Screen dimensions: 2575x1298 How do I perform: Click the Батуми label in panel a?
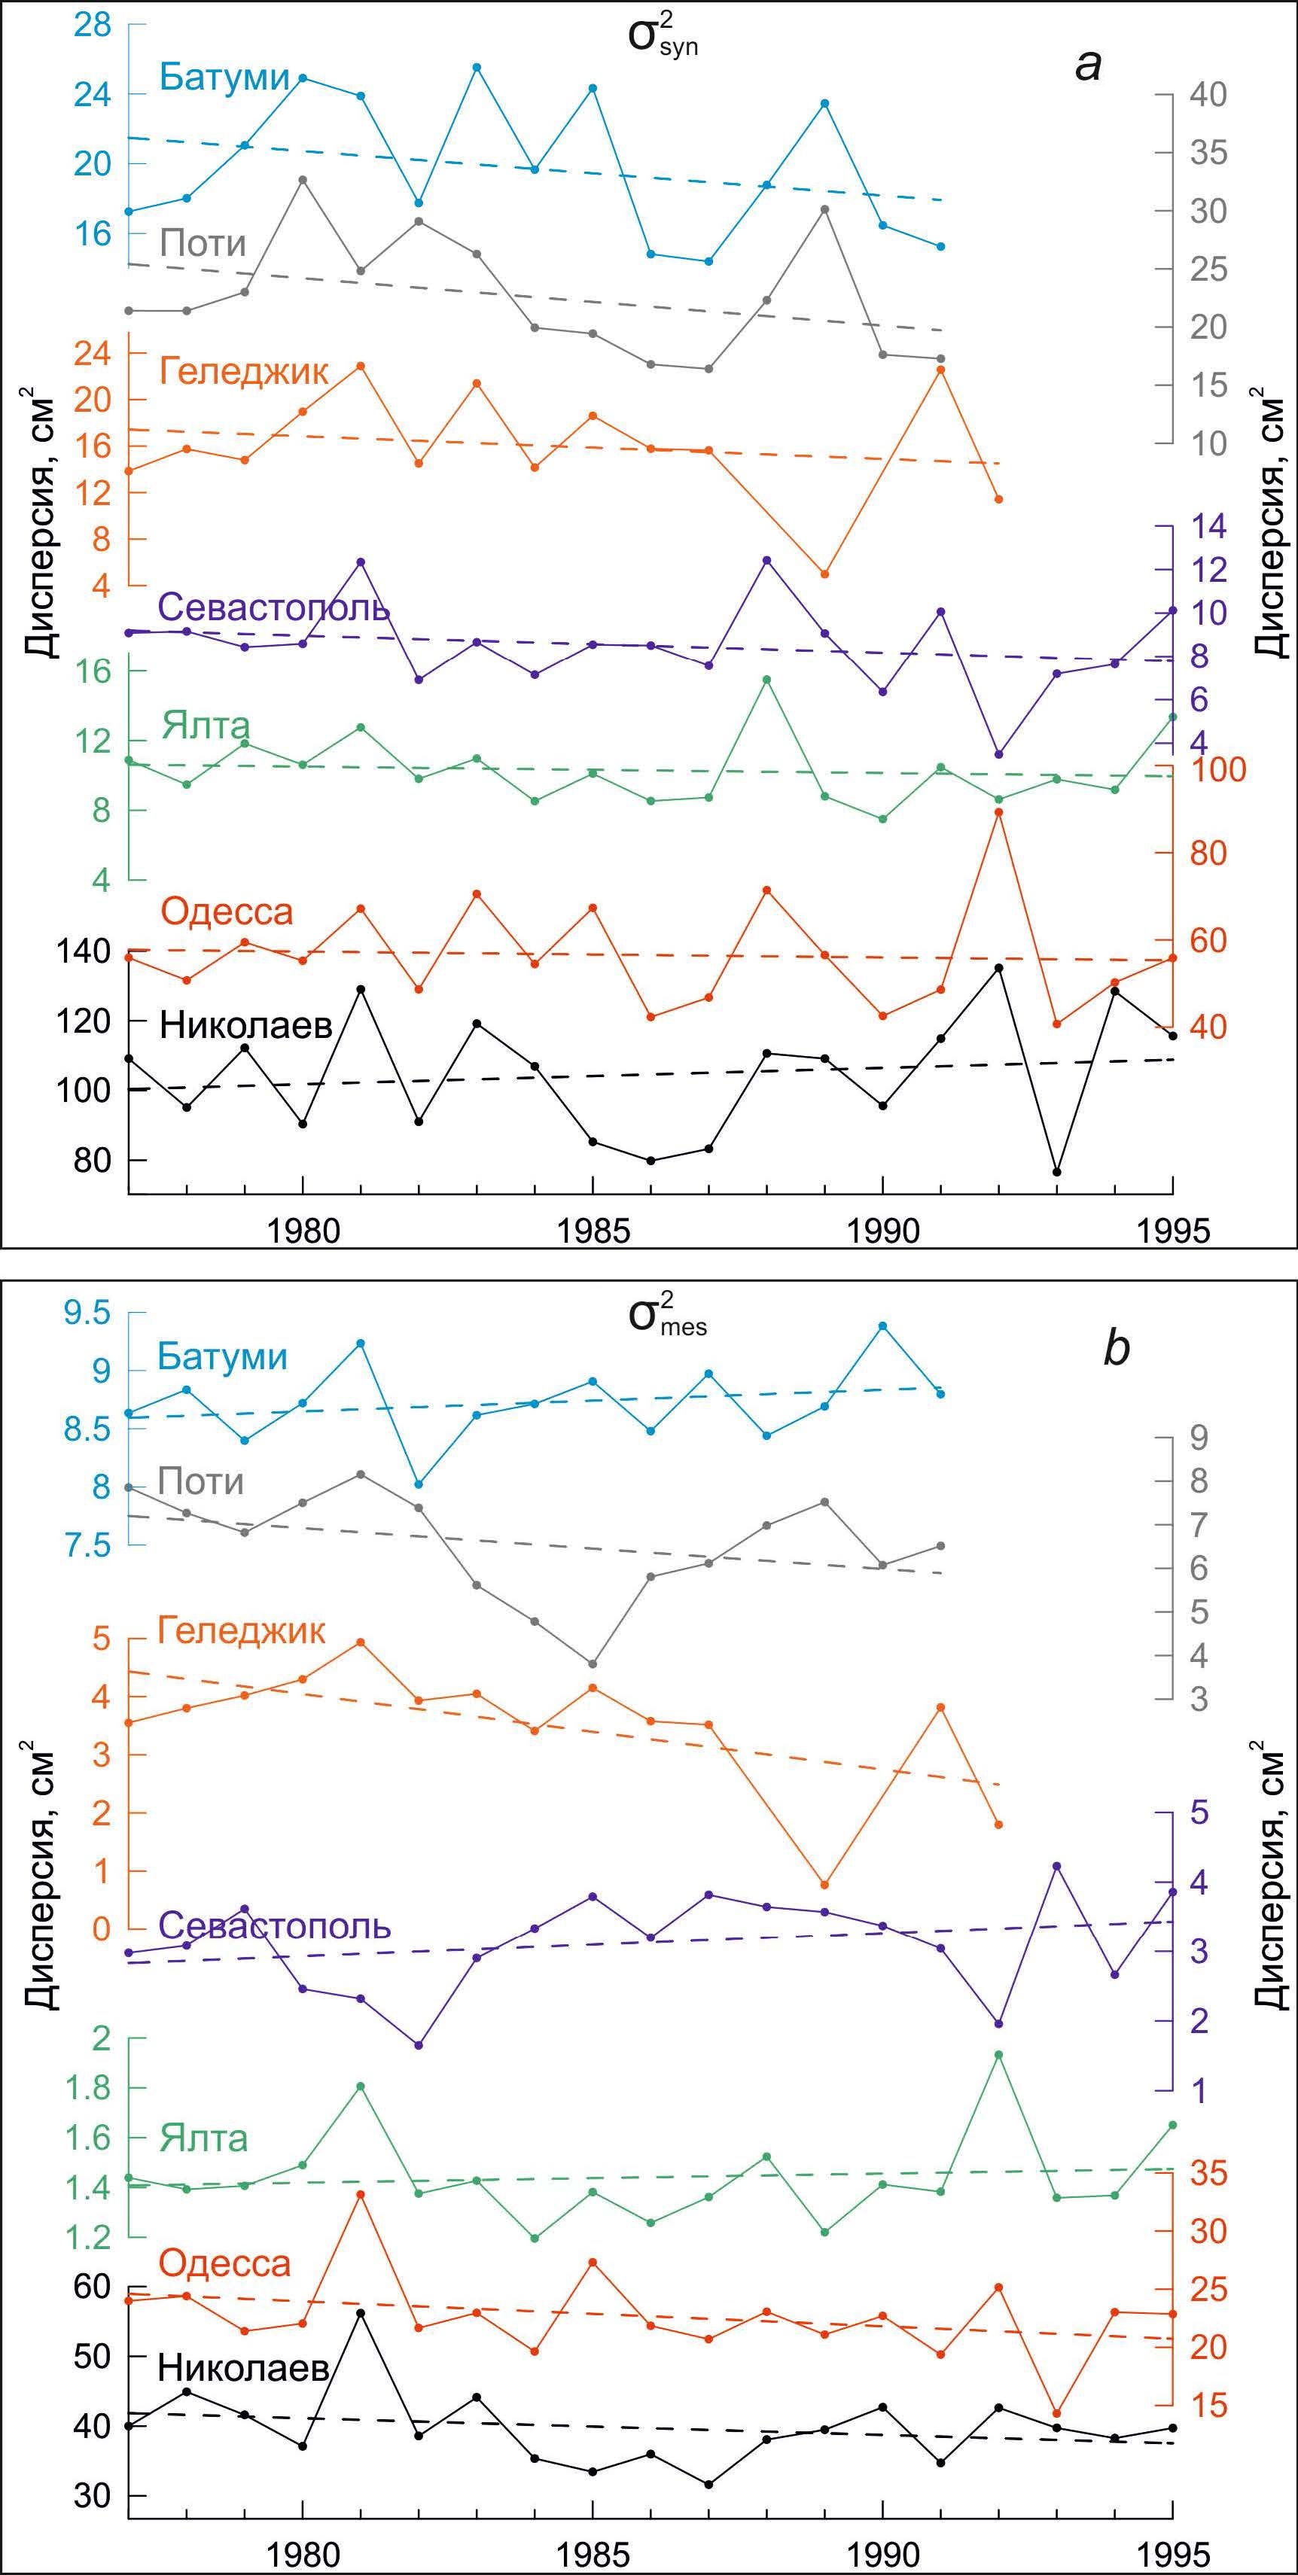pos(226,78)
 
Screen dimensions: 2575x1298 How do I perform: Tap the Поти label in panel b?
pos(202,1481)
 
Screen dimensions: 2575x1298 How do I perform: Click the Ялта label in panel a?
pos(206,725)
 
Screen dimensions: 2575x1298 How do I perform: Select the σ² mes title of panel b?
pos(667,1316)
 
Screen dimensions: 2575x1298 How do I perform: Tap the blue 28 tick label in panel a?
pos(93,26)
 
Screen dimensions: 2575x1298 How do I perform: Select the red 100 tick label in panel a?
pos(1211,771)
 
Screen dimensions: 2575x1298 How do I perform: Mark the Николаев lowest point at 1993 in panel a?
pos(1056,1171)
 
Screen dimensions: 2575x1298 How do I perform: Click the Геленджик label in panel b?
pos(242,1630)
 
